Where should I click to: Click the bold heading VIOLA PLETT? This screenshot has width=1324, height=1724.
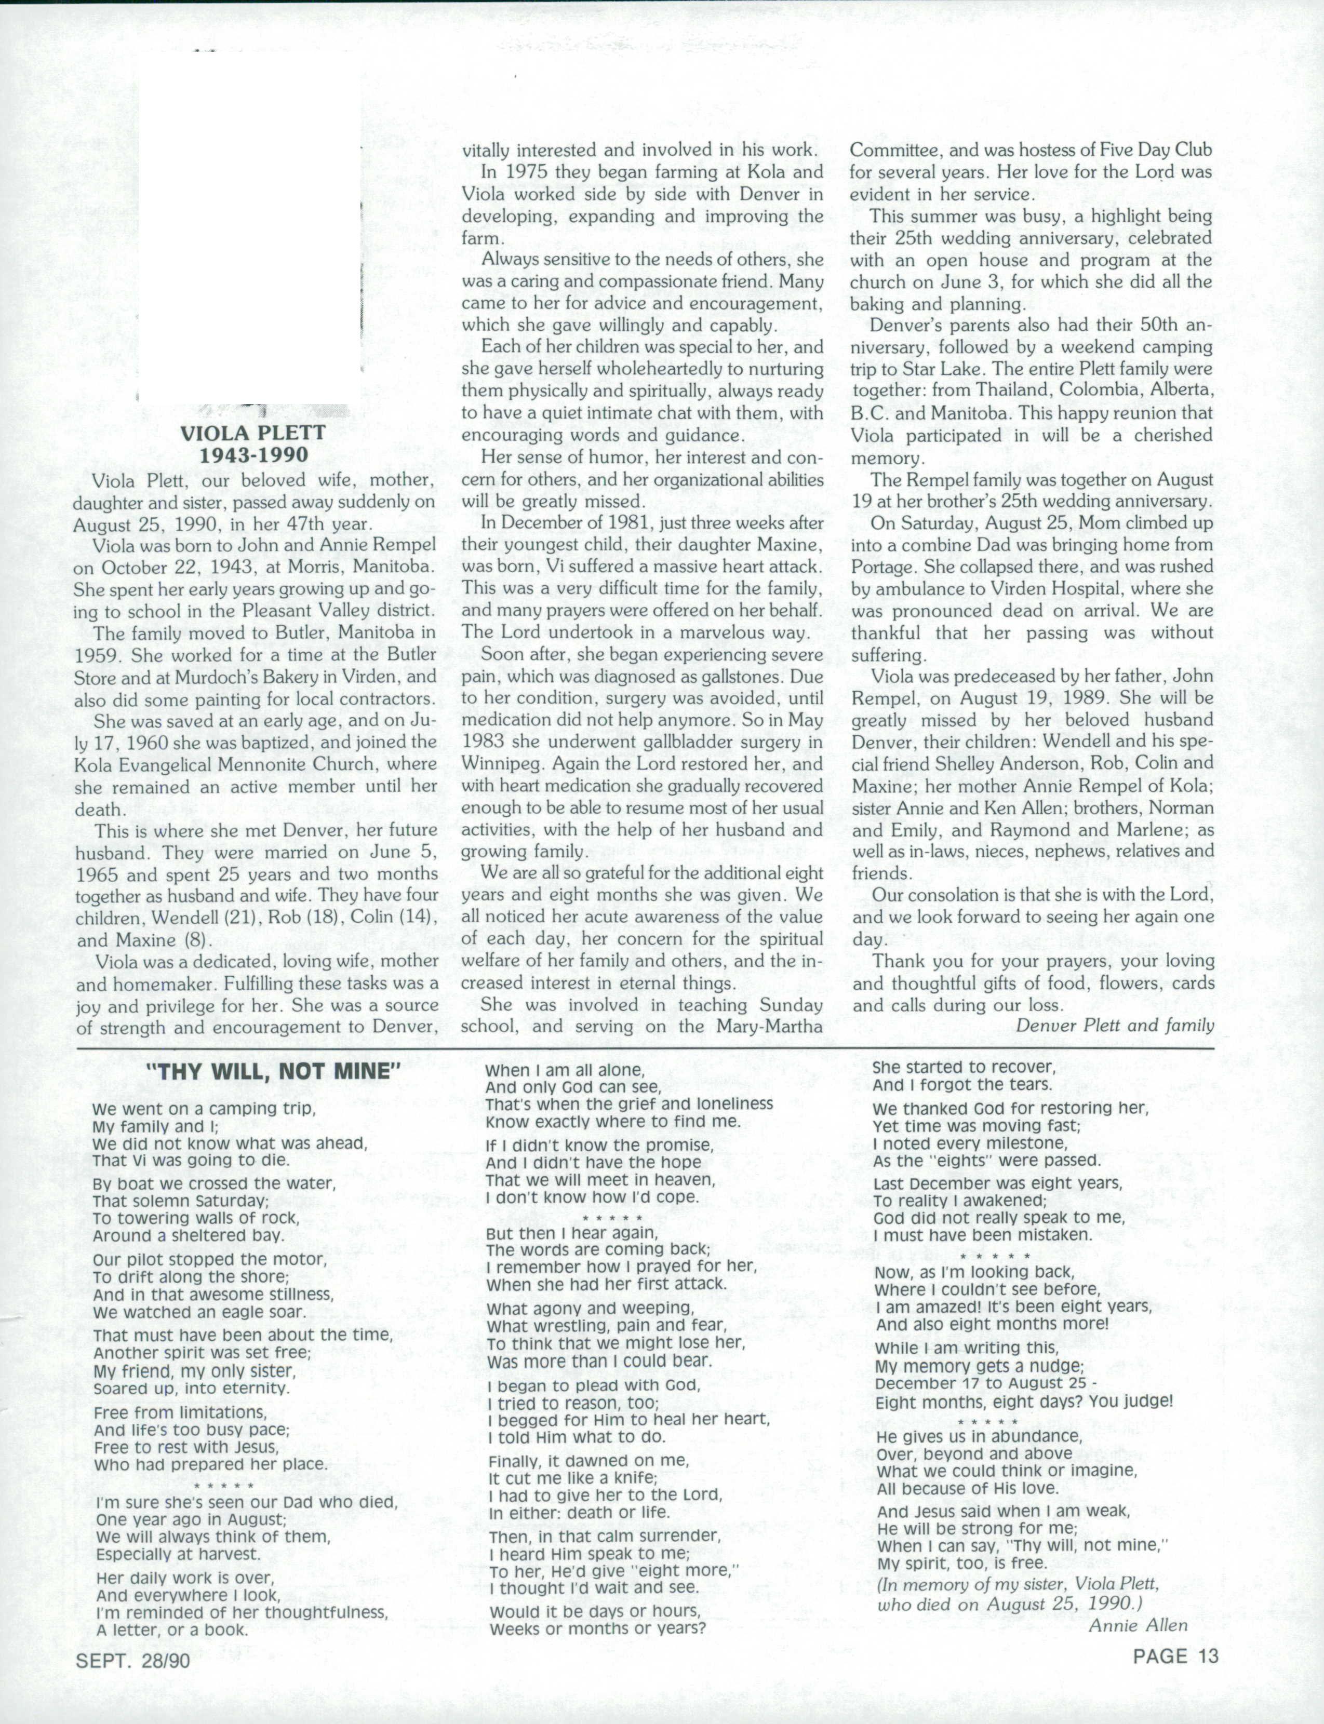pyautogui.click(x=253, y=433)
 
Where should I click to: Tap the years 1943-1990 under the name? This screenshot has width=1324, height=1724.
pyautogui.click(x=253, y=455)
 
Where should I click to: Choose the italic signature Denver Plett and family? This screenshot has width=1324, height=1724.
pyautogui.click(x=1114, y=1025)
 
